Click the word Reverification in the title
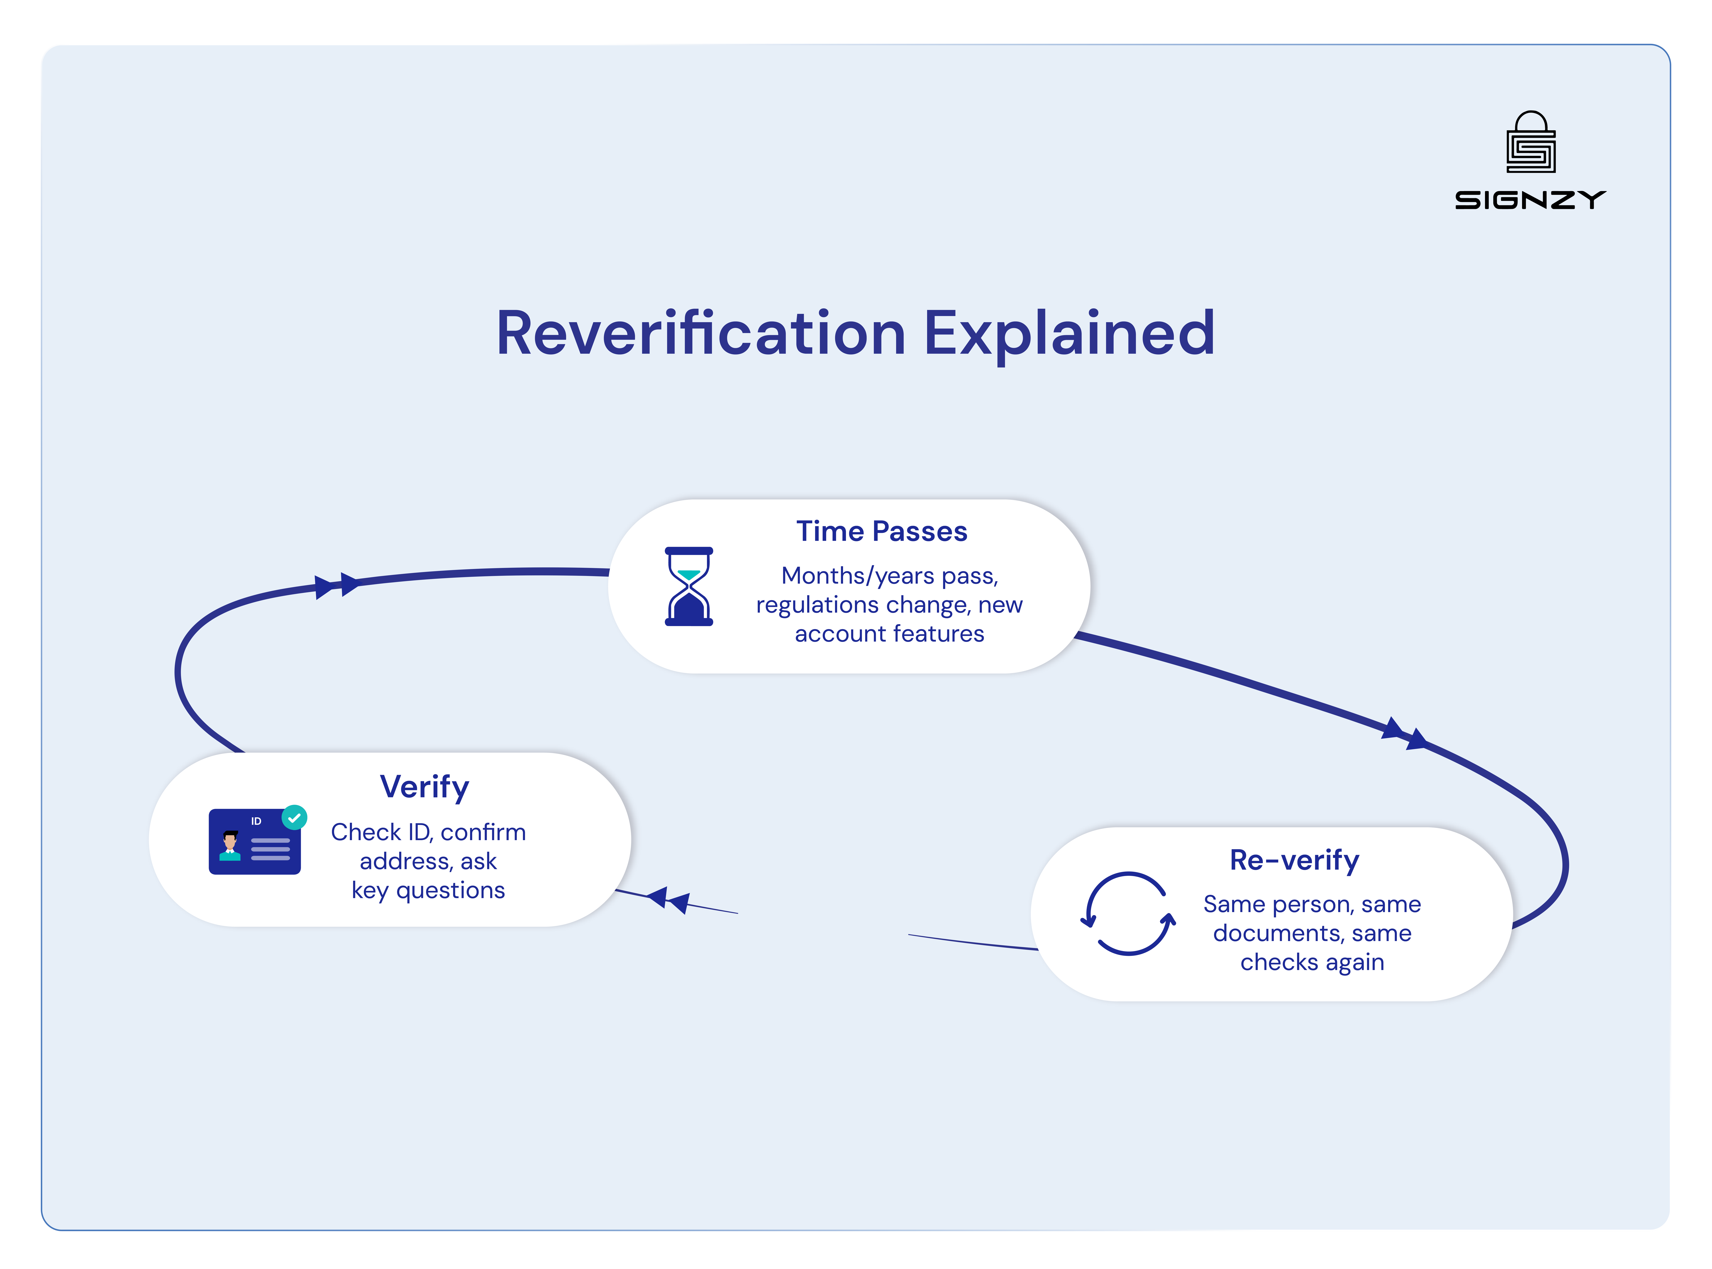tap(701, 333)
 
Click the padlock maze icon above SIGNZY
tap(1531, 143)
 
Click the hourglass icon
tap(688, 586)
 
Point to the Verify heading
tap(424, 787)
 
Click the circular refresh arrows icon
tap(1128, 913)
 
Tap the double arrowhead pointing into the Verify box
tap(668, 899)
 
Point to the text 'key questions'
tap(428, 890)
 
